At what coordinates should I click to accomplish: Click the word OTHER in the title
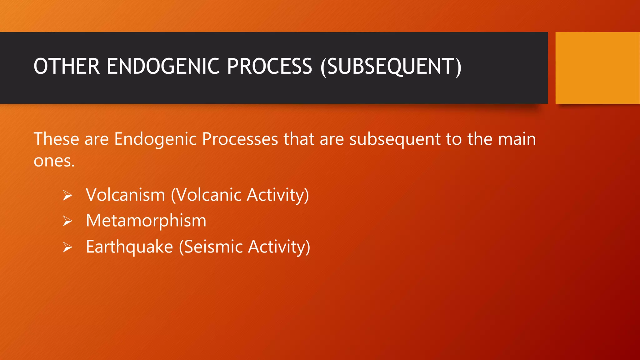(x=67, y=67)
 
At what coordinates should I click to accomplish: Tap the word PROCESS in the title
(x=269, y=67)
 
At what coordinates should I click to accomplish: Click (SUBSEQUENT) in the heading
(x=391, y=67)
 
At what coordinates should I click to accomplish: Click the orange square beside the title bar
(x=597, y=68)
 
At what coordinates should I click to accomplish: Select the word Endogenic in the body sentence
(x=155, y=139)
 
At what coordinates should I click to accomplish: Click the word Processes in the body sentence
(x=240, y=139)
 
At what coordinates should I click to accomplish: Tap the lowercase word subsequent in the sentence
(x=395, y=139)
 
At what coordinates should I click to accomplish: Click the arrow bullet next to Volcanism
(x=67, y=196)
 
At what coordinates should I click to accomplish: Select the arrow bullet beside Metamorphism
(x=67, y=221)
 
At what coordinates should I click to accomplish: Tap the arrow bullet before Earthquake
(x=67, y=247)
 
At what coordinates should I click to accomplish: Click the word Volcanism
(x=125, y=195)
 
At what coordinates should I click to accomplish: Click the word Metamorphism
(x=146, y=221)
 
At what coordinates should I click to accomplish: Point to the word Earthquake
(x=129, y=247)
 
